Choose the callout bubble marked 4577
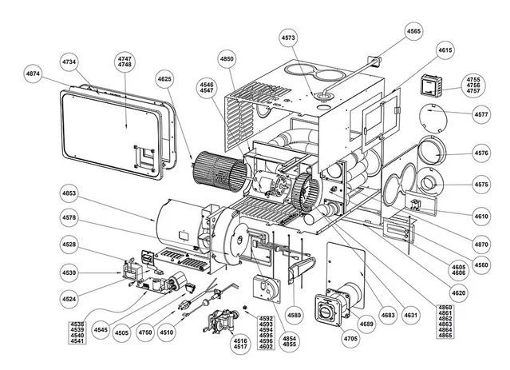(481, 115)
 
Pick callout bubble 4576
(481, 152)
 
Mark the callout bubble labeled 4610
(481, 217)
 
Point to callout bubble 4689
(366, 324)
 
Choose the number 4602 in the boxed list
(266, 348)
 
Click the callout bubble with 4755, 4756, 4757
(473, 86)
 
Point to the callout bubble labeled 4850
(227, 59)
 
